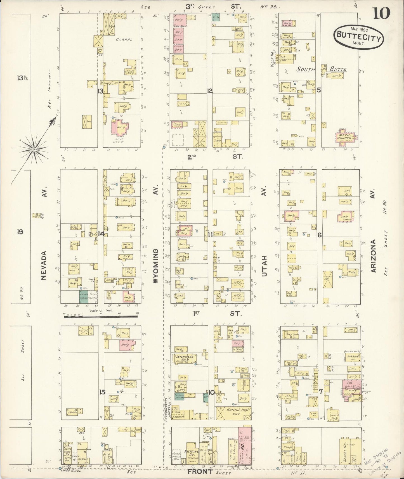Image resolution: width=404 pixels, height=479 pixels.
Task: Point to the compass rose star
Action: click(x=34, y=150)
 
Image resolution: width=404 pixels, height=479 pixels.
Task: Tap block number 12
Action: click(x=210, y=91)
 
